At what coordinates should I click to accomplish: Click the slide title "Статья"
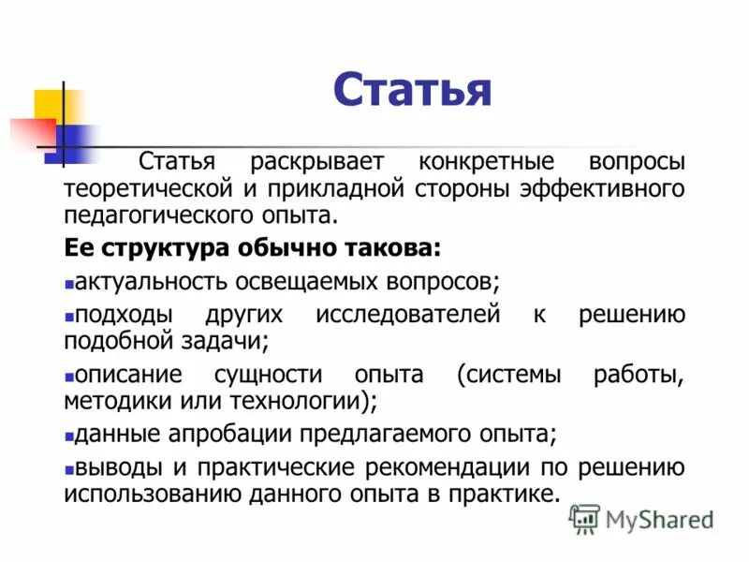(x=411, y=92)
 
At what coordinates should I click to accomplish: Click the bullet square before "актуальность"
(x=68, y=282)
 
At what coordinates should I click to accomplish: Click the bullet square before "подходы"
(x=68, y=316)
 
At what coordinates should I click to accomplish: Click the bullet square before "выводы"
(x=68, y=468)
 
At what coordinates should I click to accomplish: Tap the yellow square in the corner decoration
(x=49, y=105)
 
